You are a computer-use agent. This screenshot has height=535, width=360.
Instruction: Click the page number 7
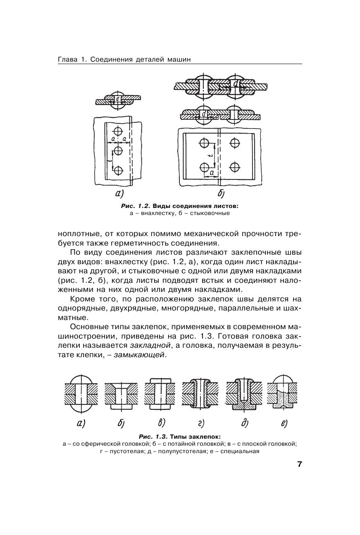point(299,464)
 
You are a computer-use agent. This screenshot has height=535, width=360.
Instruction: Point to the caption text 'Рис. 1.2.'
point(136,206)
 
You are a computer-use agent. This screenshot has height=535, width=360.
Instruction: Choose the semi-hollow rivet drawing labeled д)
point(244,394)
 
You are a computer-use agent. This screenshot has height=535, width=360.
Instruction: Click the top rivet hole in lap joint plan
point(118,131)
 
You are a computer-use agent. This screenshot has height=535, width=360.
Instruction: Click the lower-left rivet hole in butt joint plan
point(204,167)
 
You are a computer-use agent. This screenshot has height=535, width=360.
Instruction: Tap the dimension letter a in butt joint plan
point(212,173)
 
